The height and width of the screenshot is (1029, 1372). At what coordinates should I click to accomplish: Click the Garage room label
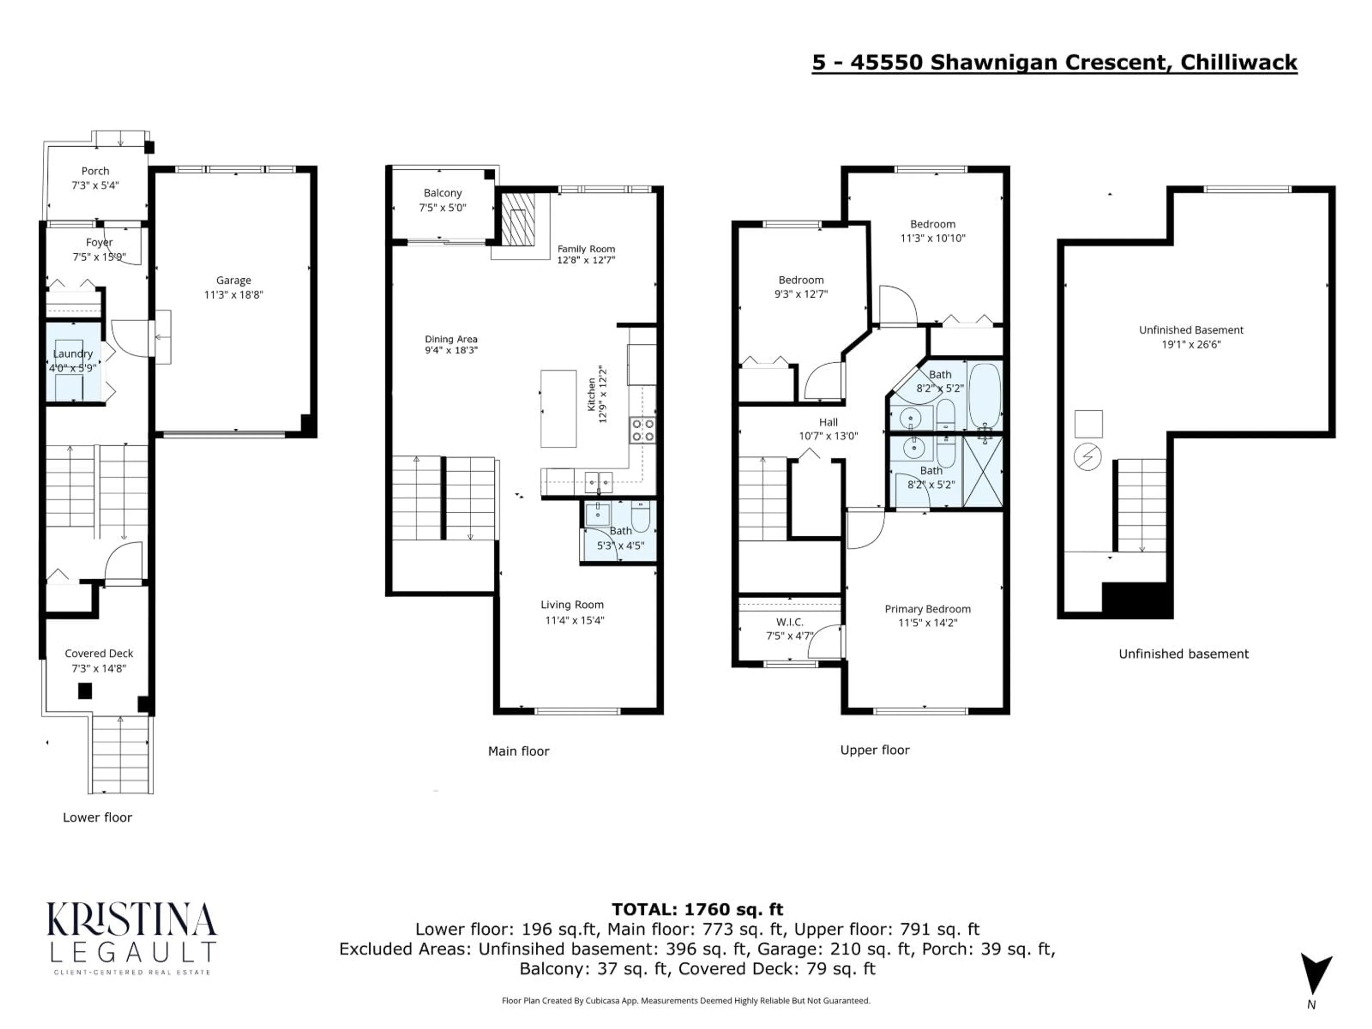233,280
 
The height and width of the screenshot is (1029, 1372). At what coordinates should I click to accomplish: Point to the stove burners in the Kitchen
642,430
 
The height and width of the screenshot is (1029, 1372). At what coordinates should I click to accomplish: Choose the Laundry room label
73,354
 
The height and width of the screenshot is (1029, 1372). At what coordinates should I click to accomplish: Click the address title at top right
1054,63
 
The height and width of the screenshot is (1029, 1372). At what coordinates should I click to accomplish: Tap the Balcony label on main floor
442,193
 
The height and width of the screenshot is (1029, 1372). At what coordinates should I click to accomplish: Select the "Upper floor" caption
875,750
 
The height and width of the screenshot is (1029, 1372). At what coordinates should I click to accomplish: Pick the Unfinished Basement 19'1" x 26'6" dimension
1191,344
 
